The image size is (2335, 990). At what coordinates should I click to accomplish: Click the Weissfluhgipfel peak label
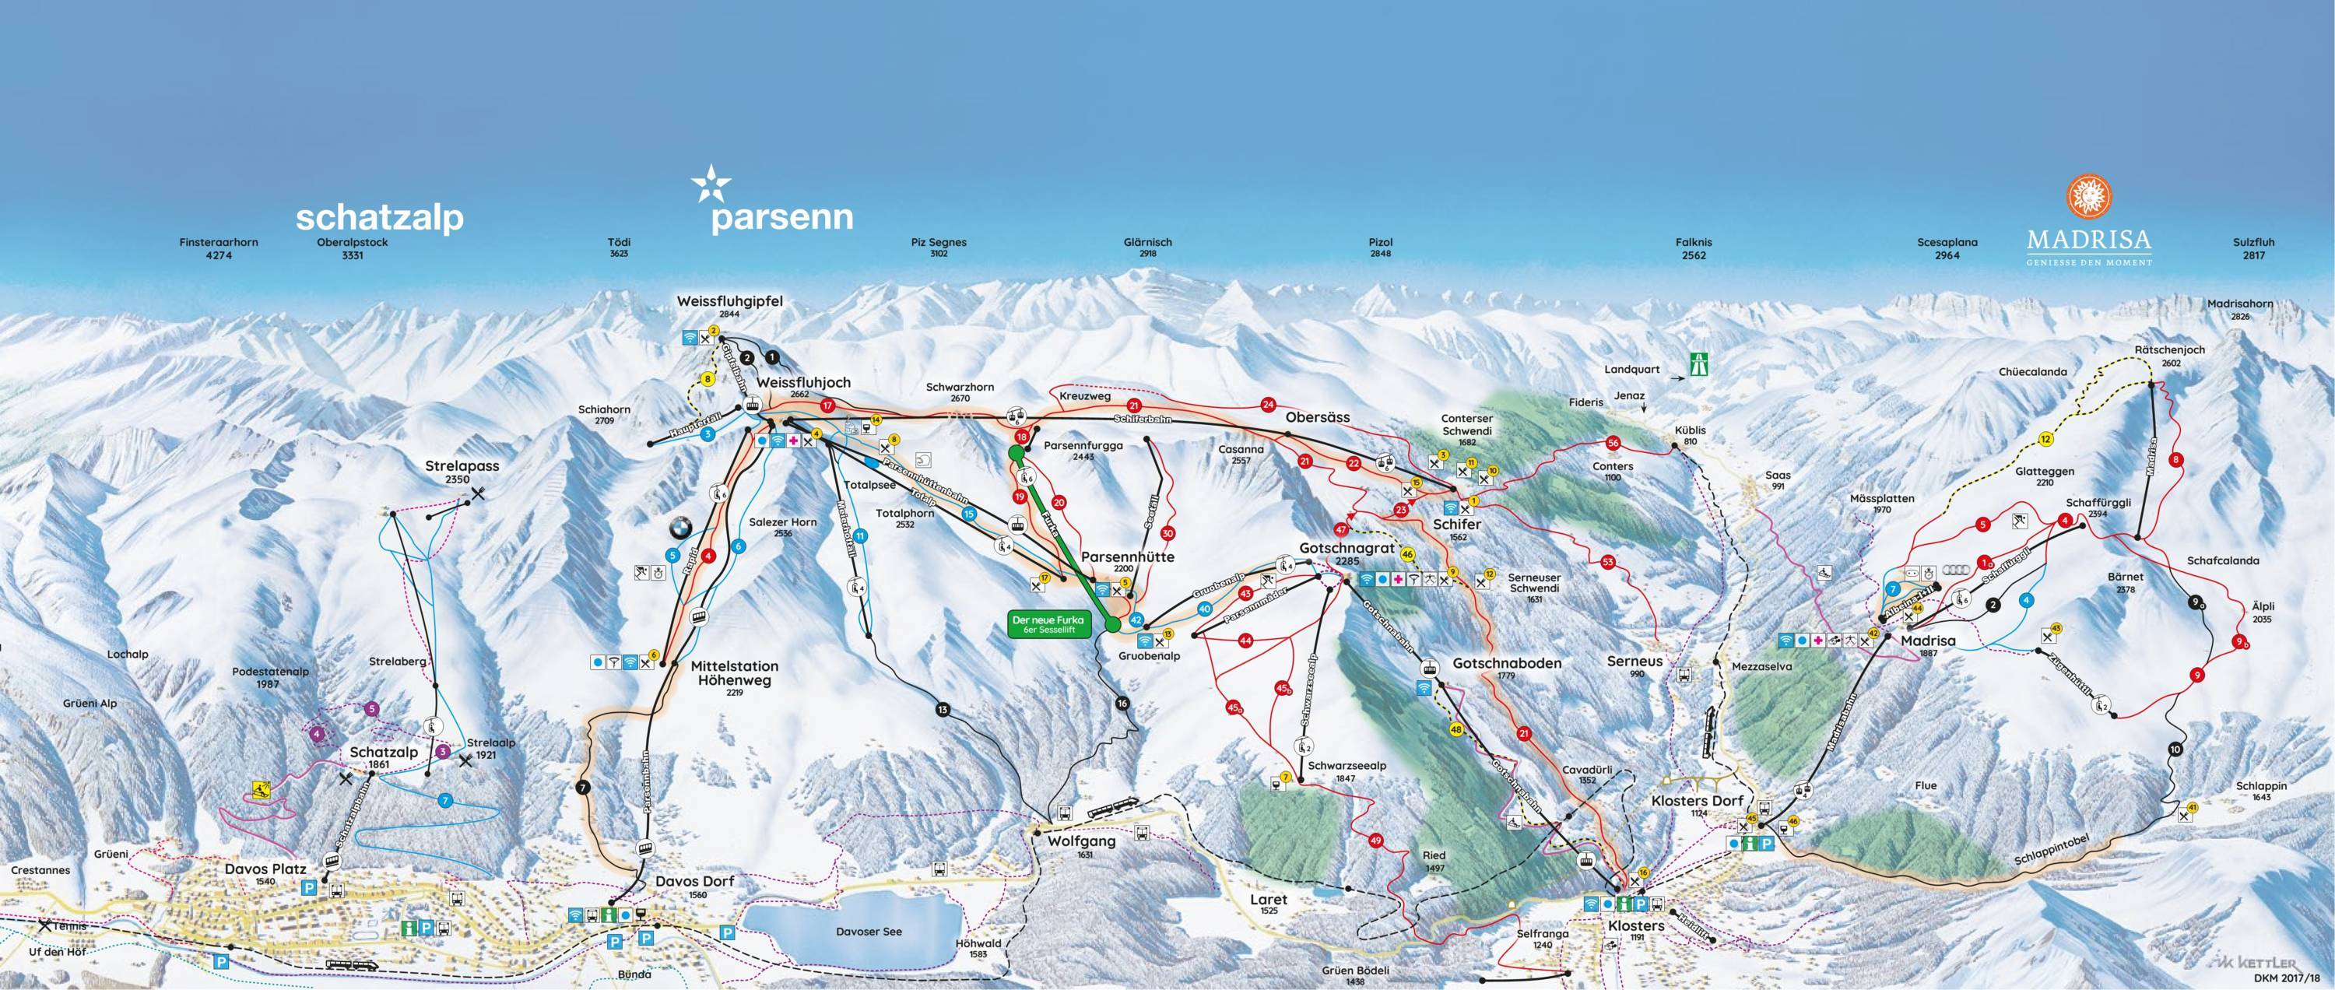[x=729, y=301]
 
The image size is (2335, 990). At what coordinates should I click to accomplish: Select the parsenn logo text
[x=781, y=218]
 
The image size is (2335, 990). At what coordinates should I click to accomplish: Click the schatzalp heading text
[x=380, y=218]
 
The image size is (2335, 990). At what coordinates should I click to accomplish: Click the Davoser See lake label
[x=869, y=931]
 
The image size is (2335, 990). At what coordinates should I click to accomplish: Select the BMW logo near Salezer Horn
[x=679, y=528]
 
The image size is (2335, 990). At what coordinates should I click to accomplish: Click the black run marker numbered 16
[x=1124, y=704]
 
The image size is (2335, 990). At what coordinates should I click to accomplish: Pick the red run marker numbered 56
[x=1612, y=444]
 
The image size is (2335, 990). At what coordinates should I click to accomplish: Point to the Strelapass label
[x=462, y=467]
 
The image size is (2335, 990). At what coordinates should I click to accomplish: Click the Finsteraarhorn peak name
[x=219, y=243]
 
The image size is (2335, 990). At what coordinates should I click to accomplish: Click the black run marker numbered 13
[x=943, y=709]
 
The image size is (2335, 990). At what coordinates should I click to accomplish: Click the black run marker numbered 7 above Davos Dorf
[x=583, y=787]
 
